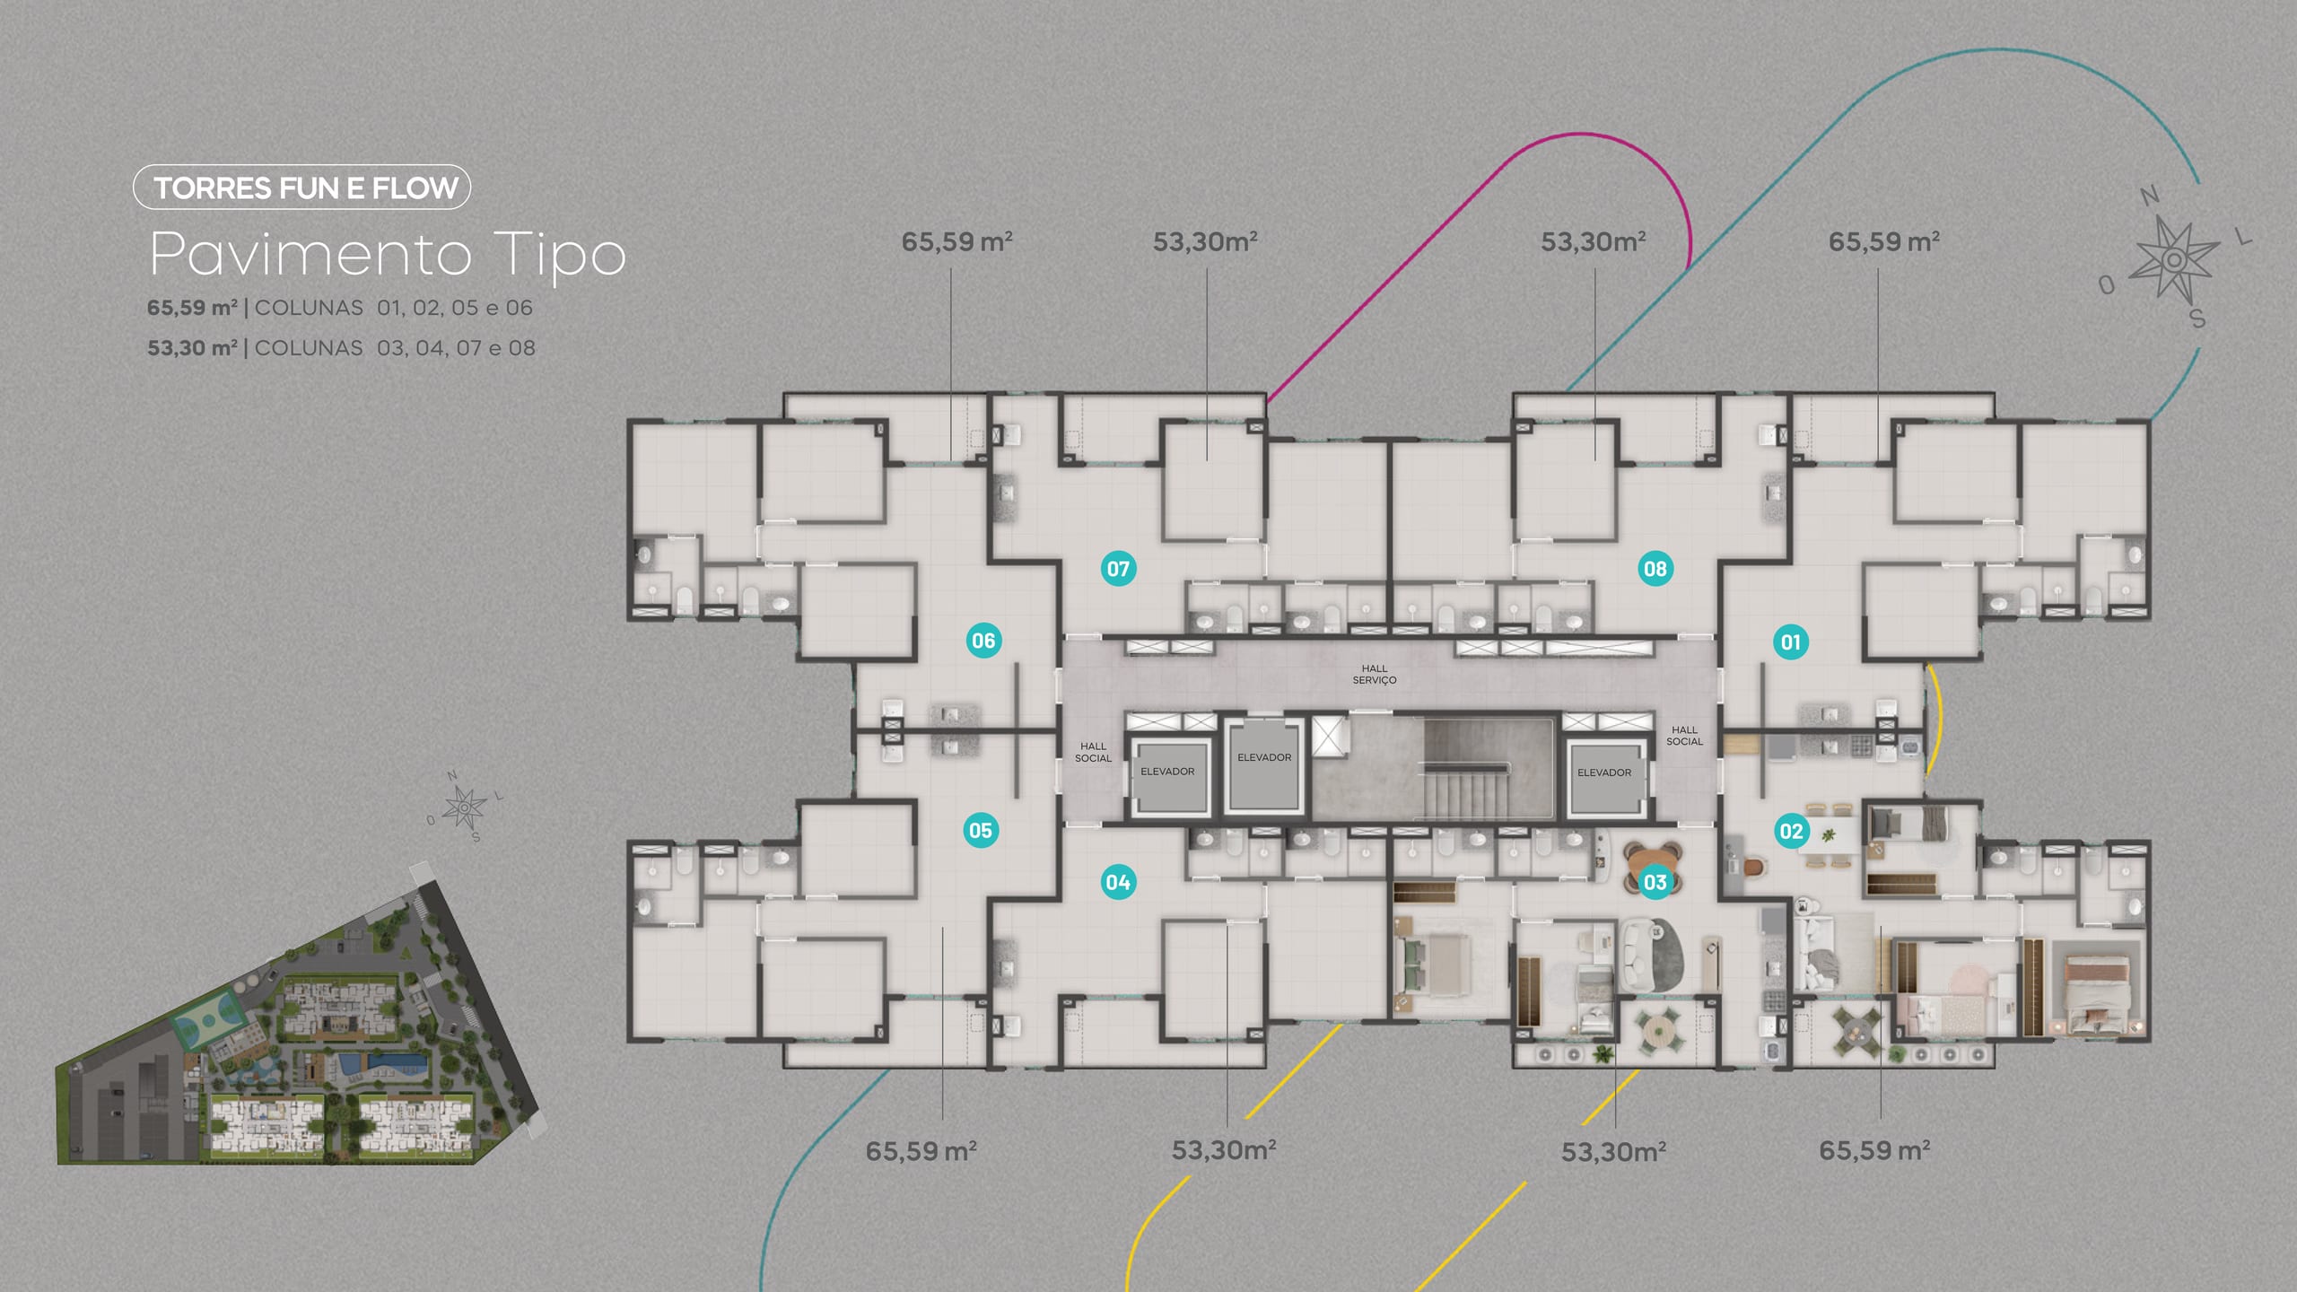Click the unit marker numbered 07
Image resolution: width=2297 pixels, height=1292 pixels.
(1118, 568)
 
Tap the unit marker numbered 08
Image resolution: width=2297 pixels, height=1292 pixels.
(1655, 568)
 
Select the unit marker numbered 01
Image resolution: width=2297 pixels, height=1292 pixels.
(1791, 642)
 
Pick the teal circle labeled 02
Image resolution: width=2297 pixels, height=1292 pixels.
(1791, 831)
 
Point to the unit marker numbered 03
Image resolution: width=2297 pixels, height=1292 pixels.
(1655, 882)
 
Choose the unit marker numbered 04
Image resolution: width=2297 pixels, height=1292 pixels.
(1118, 882)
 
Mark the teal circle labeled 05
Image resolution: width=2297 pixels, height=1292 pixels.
(981, 830)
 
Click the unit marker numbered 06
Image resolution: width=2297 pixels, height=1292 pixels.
(983, 641)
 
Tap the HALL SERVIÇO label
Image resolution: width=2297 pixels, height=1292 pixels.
(1375, 674)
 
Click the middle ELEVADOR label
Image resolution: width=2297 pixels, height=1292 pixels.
(1264, 757)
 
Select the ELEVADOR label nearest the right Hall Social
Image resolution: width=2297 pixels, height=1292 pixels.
(1604, 773)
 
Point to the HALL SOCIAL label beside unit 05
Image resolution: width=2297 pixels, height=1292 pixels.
(1093, 752)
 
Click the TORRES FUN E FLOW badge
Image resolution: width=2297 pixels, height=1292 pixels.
(301, 188)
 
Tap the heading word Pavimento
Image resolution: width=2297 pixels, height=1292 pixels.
(310, 254)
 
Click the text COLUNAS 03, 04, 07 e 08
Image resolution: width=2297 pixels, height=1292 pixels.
(395, 348)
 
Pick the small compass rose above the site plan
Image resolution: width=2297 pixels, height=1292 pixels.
(464, 808)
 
